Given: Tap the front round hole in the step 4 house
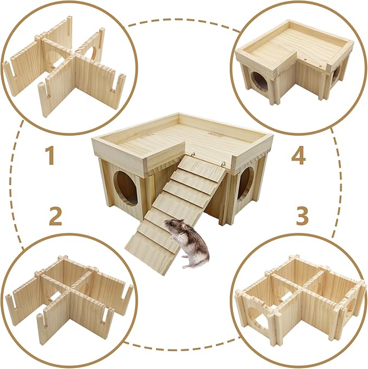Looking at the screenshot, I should tap(260, 81).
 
